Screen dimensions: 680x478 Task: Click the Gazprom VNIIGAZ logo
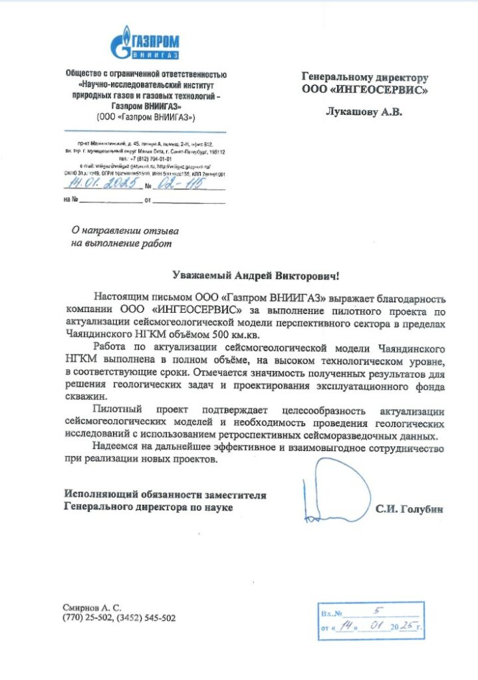144,43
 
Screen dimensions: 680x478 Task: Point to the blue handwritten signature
336,489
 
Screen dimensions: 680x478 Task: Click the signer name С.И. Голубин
409,509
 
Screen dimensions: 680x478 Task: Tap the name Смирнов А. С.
93,608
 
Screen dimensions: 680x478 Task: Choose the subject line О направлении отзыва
125,230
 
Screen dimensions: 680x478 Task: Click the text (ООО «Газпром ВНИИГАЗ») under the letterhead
146,117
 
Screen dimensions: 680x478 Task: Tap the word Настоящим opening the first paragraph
122,297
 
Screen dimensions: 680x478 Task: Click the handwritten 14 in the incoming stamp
344,625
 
